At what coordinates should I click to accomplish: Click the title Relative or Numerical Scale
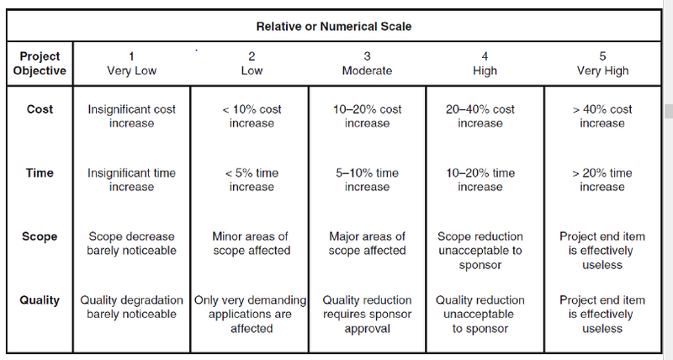pos(334,27)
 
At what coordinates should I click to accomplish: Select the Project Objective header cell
pos(40,63)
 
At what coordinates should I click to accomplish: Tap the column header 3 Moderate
pos(367,63)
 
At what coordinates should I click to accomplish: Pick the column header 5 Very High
pos(602,63)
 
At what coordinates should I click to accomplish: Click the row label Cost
pos(40,109)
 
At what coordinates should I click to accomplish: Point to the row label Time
pos(40,173)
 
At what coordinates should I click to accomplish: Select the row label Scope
pos(40,236)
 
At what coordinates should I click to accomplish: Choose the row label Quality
pos(40,300)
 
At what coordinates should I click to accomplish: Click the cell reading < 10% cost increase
pos(252,116)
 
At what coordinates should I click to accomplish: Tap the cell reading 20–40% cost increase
pos(480,116)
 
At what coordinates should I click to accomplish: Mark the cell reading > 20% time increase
pos(602,180)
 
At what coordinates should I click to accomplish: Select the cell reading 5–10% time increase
pos(367,180)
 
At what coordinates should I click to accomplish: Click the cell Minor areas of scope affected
pos(251,243)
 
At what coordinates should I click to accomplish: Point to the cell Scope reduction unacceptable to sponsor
pos(480,251)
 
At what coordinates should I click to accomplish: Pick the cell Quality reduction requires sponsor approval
pos(367,314)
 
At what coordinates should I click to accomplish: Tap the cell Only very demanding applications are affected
pos(250,314)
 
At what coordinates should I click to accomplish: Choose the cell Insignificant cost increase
pos(131,116)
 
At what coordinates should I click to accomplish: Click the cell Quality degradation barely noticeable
pos(131,307)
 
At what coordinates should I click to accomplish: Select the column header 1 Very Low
pos(131,63)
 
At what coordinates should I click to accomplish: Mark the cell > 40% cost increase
pos(602,116)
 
